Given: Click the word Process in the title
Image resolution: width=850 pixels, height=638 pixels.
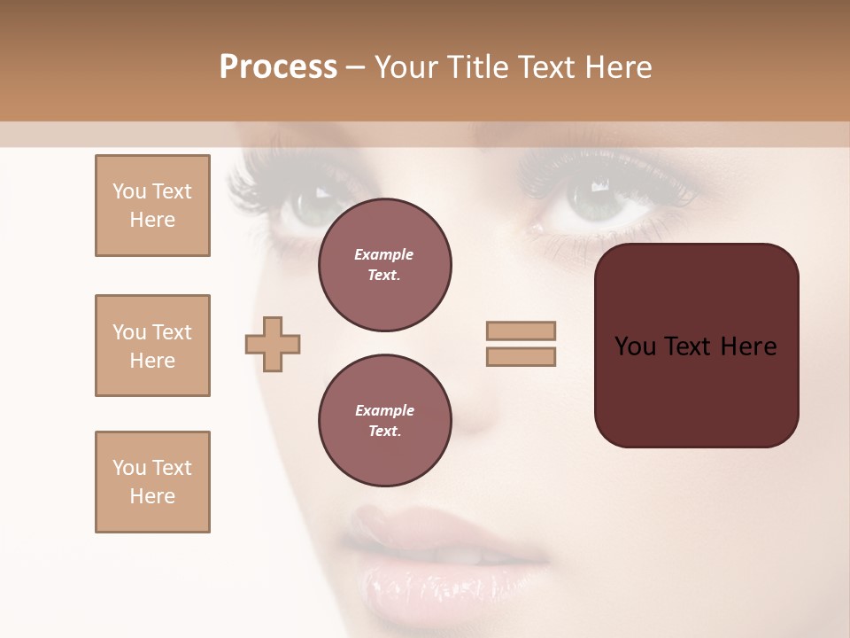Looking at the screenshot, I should [278, 67].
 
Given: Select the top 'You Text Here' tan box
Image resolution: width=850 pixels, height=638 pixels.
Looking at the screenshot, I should [152, 206].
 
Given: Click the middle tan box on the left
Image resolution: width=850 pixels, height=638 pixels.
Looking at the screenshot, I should [152, 346].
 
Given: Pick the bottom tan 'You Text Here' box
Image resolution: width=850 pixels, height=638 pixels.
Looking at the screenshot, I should [152, 482].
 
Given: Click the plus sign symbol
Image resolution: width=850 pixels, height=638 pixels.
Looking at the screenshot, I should [273, 343].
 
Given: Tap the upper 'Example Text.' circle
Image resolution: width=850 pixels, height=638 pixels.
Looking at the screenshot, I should [384, 265].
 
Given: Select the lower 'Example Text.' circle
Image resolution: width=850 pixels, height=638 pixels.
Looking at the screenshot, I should [384, 421].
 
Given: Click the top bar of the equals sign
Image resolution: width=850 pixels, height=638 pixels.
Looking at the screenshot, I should [521, 331].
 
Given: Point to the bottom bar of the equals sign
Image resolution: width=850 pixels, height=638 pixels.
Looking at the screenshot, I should [521, 356].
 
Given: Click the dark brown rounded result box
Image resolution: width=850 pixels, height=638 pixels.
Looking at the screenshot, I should [696, 390].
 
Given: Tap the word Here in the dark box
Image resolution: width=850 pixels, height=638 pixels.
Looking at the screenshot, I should [748, 346].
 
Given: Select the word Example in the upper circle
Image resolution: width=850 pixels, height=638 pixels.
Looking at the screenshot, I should [384, 254].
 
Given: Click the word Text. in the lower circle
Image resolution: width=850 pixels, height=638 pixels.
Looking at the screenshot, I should [384, 432].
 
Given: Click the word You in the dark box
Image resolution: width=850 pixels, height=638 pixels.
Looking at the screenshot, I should [635, 346].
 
